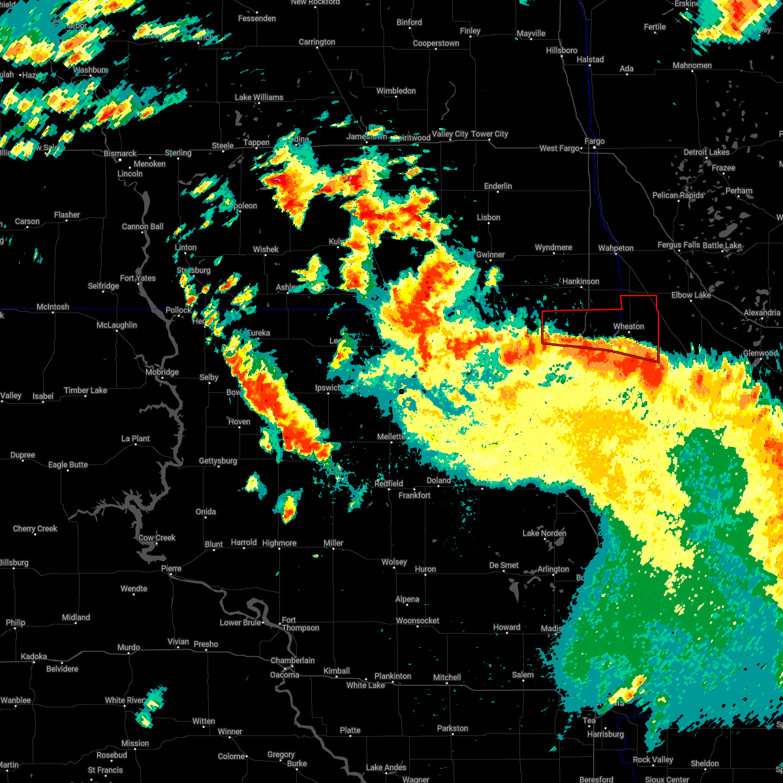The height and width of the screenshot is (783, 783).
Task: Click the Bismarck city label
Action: (x=120, y=154)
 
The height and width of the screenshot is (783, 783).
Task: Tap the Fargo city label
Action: (x=594, y=141)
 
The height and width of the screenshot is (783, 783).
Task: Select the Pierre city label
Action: (x=172, y=568)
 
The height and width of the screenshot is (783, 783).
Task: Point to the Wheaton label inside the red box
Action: (x=628, y=326)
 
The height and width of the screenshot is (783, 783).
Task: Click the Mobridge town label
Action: (x=162, y=372)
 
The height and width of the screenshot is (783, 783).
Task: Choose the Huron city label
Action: (x=425, y=569)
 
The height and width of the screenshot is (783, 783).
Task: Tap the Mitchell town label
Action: (x=447, y=677)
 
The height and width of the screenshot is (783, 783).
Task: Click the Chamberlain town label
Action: (x=292, y=660)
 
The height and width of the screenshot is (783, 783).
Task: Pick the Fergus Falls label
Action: (x=678, y=245)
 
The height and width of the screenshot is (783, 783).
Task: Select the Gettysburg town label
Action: (x=218, y=461)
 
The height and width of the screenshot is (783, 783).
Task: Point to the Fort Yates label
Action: (x=138, y=278)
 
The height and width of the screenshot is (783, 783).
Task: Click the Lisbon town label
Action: (x=489, y=217)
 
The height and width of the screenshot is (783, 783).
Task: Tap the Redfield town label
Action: (x=389, y=484)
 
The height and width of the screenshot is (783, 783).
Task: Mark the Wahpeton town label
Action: (x=616, y=248)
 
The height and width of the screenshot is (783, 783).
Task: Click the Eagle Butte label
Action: (x=68, y=465)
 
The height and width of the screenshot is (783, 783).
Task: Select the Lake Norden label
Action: (x=544, y=533)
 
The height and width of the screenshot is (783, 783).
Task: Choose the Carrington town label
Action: (x=317, y=42)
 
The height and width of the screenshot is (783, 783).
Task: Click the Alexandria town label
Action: (x=761, y=313)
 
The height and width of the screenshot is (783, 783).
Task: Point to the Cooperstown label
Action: (x=436, y=43)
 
